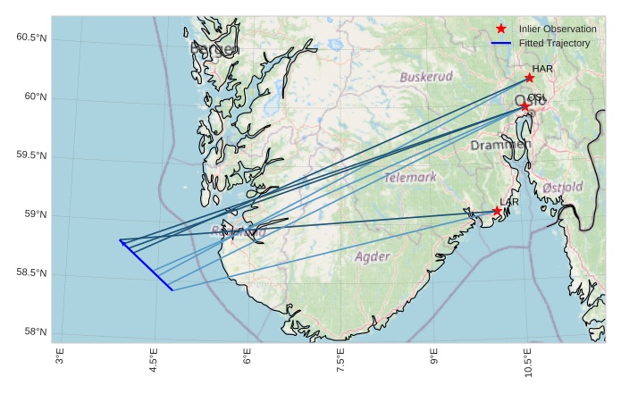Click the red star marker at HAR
tap(530, 78)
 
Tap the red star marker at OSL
tap(525, 106)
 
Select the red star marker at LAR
tap(497, 211)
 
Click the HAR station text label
tap(542, 68)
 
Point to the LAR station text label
tap(509, 203)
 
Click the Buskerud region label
tap(426, 78)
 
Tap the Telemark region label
tap(411, 178)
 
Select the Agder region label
tap(373, 257)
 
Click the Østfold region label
tap(562, 188)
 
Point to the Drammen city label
tap(500, 145)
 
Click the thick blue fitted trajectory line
tap(146, 265)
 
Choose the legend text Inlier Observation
tap(558, 29)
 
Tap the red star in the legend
tap(501, 29)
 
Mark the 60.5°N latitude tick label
tap(31, 38)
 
